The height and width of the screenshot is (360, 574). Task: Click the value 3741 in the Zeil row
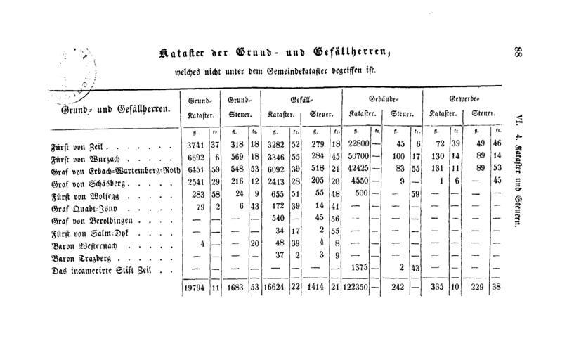coord(195,144)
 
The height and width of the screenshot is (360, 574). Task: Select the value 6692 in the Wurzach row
coord(195,157)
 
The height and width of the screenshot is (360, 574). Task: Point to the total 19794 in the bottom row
coord(193,287)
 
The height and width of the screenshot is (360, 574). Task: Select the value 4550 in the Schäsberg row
coord(360,182)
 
